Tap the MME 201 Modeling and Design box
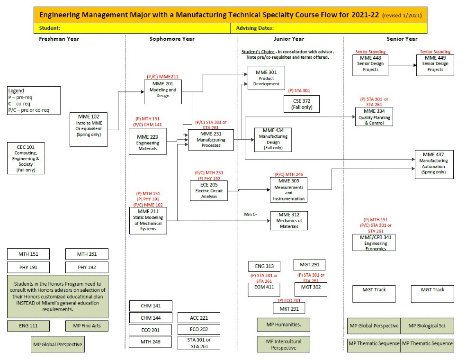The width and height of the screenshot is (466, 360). pyautogui.click(x=162, y=90)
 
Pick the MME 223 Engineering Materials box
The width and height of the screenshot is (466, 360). pyautogui.click(x=147, y=141)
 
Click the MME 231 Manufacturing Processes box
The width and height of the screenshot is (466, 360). pyautogui.click(x=211, y=139)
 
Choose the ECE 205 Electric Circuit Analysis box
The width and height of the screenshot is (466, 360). pyautogui.click(x=208, y=190)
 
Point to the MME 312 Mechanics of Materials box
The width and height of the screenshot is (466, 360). pyautogui.click(x=289, y=220)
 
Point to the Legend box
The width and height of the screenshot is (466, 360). pyautogui.click(x=34, y=100)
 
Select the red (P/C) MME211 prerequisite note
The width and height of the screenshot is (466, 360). pyautogui.click(x=162, y=76)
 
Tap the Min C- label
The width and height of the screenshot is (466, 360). pyautogui.click(x=251, y=215)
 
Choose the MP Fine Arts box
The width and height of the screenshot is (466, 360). pyautogui.click(x=87, y=326)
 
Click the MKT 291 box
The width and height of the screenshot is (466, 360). pyautogui.click(x=289, y=308)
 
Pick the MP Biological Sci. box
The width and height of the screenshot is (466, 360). pyautogui.click(x=427, y=326)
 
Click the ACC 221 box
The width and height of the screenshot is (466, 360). pyautogui.click(x=198, y=318)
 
